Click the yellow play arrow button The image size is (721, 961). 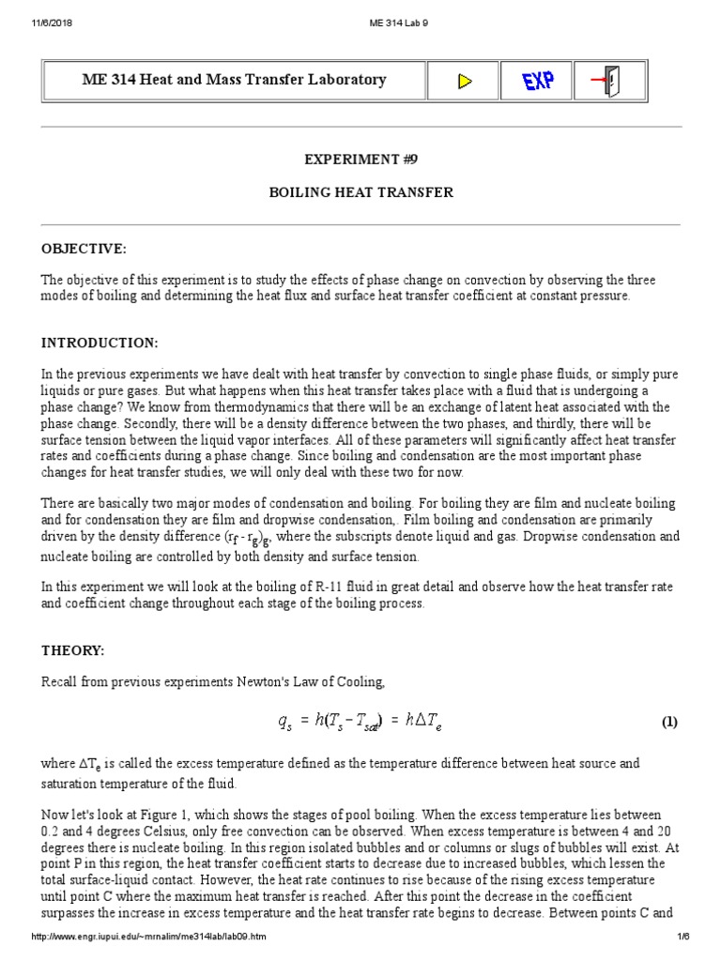[464, 81]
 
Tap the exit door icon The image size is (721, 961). [609, 81]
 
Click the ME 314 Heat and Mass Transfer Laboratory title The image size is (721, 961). [234, 80]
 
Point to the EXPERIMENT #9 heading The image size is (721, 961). [361, 160]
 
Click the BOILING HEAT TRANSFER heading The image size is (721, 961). [361, 192]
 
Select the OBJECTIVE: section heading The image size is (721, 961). [84, 248]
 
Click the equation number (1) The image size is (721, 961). [668, 722]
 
